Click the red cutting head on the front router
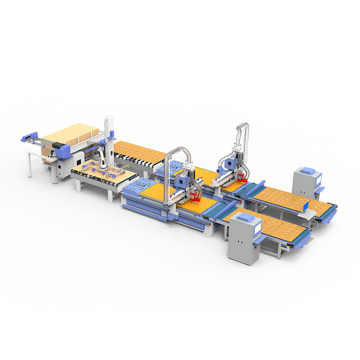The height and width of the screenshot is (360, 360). (195, 196)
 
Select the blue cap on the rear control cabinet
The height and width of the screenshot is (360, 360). (308, 171)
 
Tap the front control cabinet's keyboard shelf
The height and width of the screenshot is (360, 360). (257, 240)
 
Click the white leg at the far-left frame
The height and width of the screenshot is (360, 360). (29, 164)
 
